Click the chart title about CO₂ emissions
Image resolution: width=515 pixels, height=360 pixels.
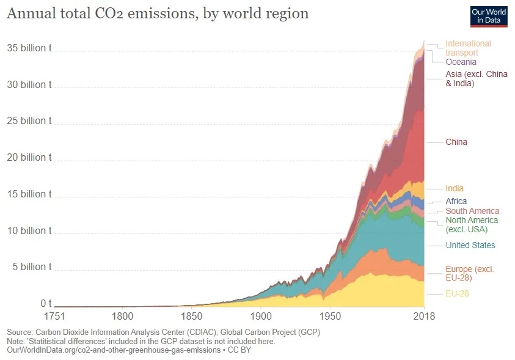point(157,13)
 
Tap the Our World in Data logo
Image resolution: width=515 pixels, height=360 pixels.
point(488,17)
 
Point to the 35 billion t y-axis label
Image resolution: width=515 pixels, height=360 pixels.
point(29,48)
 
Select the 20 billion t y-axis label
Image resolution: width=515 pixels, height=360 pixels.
point(29,158)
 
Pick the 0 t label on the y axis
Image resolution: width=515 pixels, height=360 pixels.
point(46,304)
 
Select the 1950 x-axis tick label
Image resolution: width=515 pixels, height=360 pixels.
point(329,316)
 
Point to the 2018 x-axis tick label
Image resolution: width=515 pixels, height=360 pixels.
point(424,316)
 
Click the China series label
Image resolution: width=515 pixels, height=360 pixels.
point(456,142)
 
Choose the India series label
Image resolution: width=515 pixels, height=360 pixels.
point(454,188)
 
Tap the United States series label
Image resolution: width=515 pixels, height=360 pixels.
point(470,245)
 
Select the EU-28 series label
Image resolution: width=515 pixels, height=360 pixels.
point(457,294)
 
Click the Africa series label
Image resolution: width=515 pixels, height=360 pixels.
point(456,201)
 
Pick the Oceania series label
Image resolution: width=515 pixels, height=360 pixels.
point(461,62)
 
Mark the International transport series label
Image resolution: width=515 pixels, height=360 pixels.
point(467,48)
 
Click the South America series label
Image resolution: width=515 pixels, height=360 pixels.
point(472,211)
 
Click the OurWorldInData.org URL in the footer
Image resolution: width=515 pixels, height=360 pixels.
point(112,350)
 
